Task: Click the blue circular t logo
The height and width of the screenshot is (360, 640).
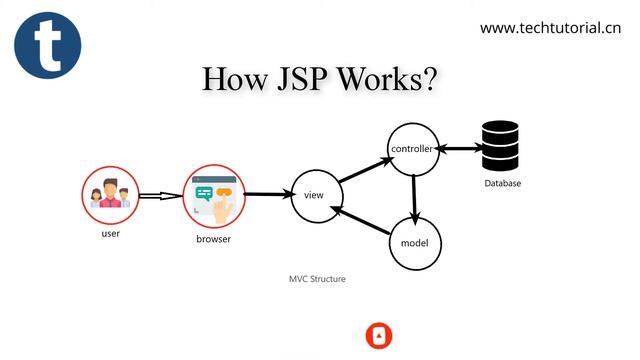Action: [x=47, y=45]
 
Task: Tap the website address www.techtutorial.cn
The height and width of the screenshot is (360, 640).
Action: [x=550, y=28]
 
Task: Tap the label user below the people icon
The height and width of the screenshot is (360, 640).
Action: [x=111, y=234]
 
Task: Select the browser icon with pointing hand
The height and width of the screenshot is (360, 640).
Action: [x=213, y=195]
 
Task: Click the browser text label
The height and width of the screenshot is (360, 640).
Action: [x=213, y=240]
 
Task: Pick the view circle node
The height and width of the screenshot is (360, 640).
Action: [x=313, y=194]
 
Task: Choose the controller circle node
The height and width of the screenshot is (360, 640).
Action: [x=412, y=150]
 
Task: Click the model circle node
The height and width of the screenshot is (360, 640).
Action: [x=414, y=244]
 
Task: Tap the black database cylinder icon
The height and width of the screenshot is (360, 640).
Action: [x=502, y=147]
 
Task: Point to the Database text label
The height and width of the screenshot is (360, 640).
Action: [x=502, y=184]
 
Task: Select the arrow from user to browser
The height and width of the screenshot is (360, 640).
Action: [x=160, y=196]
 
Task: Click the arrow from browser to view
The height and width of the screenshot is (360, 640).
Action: [x=265, y=195]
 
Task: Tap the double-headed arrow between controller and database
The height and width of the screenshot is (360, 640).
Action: [x=459, y=149]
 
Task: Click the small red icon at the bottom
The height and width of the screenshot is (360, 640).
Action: [x=379, y=335]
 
